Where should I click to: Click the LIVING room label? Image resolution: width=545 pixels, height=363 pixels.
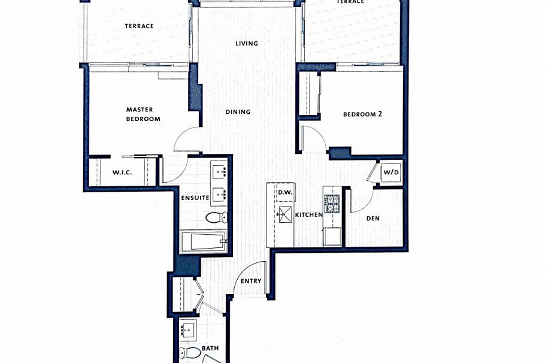[x=247, y=43]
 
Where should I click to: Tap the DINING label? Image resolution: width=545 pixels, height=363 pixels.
[x=238, y=112]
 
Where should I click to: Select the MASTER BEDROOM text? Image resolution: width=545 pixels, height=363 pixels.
[x=143, y=114]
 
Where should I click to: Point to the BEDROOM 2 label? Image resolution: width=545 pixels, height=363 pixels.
[x=362, y=114]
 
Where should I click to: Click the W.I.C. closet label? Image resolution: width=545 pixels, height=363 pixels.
[x=122, y=173]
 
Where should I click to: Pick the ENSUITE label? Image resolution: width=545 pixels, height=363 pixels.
[x=195, y=198]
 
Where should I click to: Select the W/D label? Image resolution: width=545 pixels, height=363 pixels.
[x=391, y=173]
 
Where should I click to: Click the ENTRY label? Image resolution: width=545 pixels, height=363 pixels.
[x=250, y=281]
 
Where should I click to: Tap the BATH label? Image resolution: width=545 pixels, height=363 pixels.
[x=210, y=348]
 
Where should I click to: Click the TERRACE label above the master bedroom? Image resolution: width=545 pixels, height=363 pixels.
[x=139, y=26]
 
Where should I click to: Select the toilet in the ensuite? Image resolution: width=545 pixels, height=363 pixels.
[x=216, y=217]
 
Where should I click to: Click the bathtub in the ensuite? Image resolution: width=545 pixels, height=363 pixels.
[x=204, y=242]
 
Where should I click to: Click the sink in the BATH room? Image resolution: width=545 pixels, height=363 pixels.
[x=189, y=329]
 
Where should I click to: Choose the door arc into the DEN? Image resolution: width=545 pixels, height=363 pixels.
[x=361, y=201]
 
